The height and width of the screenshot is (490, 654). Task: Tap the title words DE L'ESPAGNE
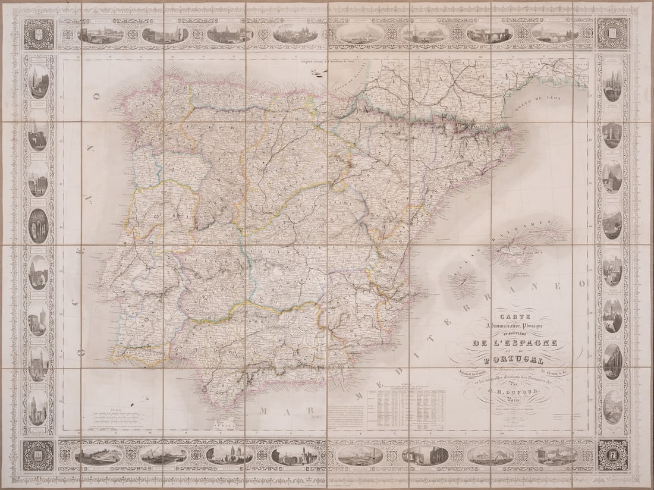click(x=515, y=343)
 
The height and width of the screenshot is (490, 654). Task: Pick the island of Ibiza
click(x=464, y=281)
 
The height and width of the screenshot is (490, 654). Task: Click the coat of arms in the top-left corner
click(x=39, y=34)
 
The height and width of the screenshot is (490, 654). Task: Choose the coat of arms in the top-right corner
click(x=612, y=34)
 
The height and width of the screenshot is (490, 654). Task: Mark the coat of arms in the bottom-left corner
click(x=39, y=454)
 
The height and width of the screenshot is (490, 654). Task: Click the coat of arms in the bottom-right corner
click(x=612, y=454)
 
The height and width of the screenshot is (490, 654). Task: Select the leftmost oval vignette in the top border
click(x=100, y=34)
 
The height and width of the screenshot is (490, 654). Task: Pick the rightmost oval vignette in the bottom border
click(x=555, y=455)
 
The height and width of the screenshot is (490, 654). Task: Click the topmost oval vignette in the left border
click(x=39, y=81)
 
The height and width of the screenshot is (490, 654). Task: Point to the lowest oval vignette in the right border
click(x=612, y=406)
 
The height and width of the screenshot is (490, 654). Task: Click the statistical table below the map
click(x=406, y=409)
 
